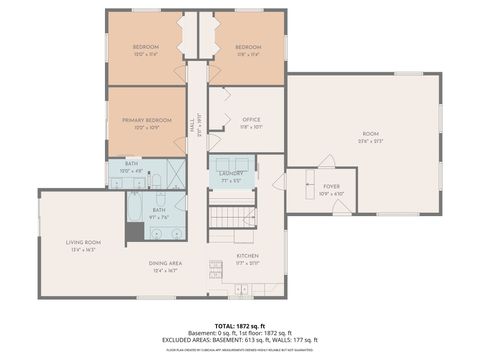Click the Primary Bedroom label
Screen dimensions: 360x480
pos(146,122)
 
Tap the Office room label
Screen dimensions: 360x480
pos(251,122)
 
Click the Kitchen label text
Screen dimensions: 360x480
pos(247,257)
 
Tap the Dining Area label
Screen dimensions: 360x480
pos(159,266)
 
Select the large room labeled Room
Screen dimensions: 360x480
pos(370,136)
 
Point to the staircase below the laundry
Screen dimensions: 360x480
pos(232,217)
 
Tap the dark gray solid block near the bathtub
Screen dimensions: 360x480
pos(134,232)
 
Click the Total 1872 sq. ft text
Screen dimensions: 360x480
pos(239,325)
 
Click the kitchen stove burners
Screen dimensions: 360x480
pos(215,267)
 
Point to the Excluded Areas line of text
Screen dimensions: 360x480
pos(239,340)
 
